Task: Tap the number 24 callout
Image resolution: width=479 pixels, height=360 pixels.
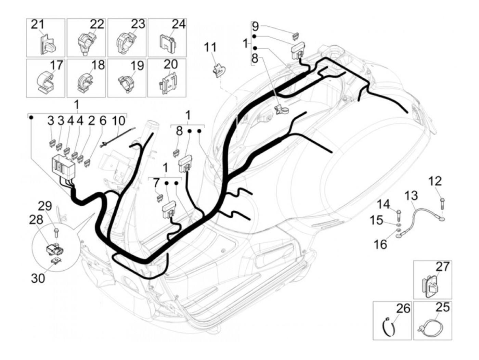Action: coord(179,25)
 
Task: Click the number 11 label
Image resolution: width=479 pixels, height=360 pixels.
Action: coord(211,48)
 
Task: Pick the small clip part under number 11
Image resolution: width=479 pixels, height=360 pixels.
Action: coord(218,70)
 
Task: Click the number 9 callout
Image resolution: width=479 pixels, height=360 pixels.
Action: coord(255,26)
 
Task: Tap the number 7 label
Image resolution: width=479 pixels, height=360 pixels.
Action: coord(156,184)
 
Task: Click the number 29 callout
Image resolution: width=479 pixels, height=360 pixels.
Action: coord(44,206)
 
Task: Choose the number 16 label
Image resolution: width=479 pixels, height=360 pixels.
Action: coord(380,244)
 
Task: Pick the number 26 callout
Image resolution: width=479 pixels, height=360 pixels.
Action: coord(403,309)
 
